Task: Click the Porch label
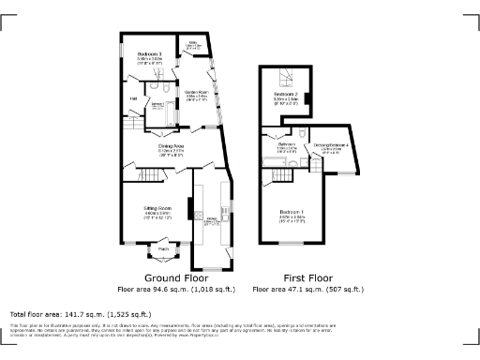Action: point(162,248)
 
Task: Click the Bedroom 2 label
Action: point(286,95)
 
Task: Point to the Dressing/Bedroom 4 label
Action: point(332,145)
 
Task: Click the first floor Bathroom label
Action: point(287,144)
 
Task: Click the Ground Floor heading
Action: point(177,278)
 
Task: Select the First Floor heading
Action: point(308,278)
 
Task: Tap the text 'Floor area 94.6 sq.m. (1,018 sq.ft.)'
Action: point(177,291)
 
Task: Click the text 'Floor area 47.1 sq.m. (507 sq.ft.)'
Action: point(309,291)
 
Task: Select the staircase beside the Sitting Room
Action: point(150,175)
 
